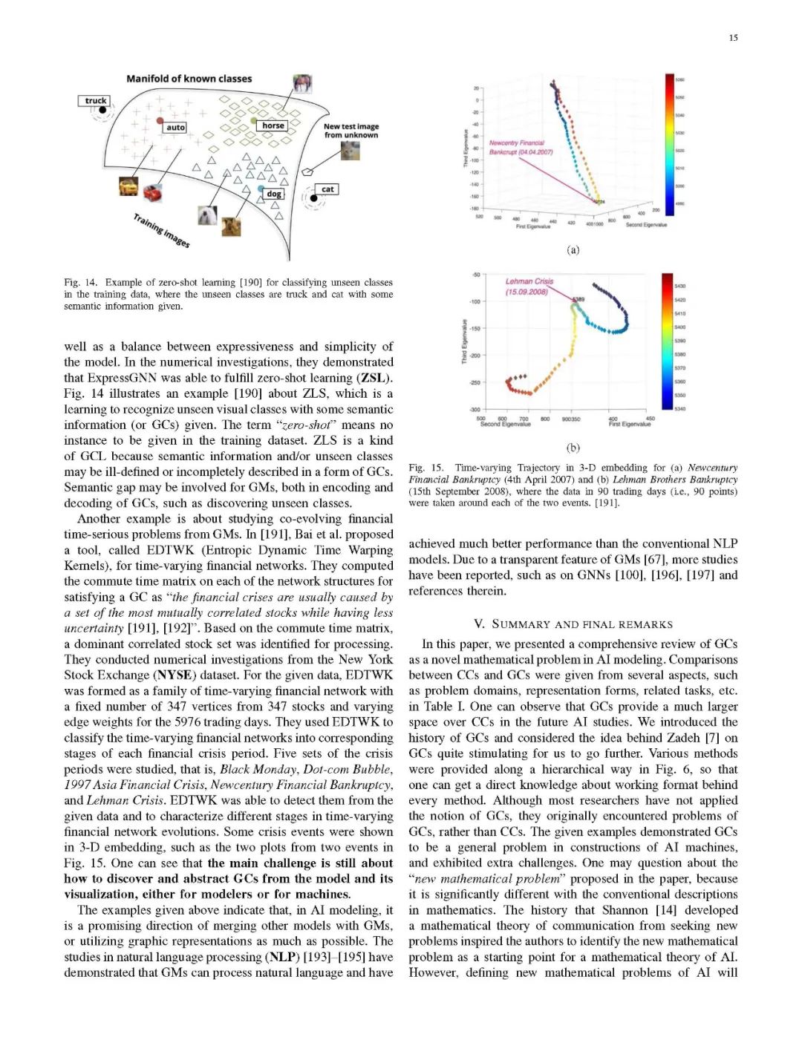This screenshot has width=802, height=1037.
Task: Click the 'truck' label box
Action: pyautogui.click(x=95, y=101)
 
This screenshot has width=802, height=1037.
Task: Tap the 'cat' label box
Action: pyautogui.click(x=327, y=189)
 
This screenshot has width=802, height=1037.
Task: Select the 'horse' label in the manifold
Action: pyautogui.click(x=273, y=125)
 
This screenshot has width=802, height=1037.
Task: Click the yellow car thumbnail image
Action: pyautogui.click(x=128, y=186)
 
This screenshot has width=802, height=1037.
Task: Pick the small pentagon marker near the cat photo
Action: pyautogui.click(x=307, y=171)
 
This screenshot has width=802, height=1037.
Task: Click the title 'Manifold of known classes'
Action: pyautogui.click(x=189, y=79)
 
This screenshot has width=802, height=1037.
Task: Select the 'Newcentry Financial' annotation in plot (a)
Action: pyautogui.click(x=516, y=143)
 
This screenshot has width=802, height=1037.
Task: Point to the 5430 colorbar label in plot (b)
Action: pyautogui.click(x=680, y=286)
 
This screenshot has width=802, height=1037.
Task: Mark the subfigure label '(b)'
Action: pyautogui.click(x=573, y=448)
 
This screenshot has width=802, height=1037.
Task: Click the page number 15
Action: pyautogui.click(x=733, y=38)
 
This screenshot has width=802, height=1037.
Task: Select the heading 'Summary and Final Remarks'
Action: pyautogui.click(x=573, y=624)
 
